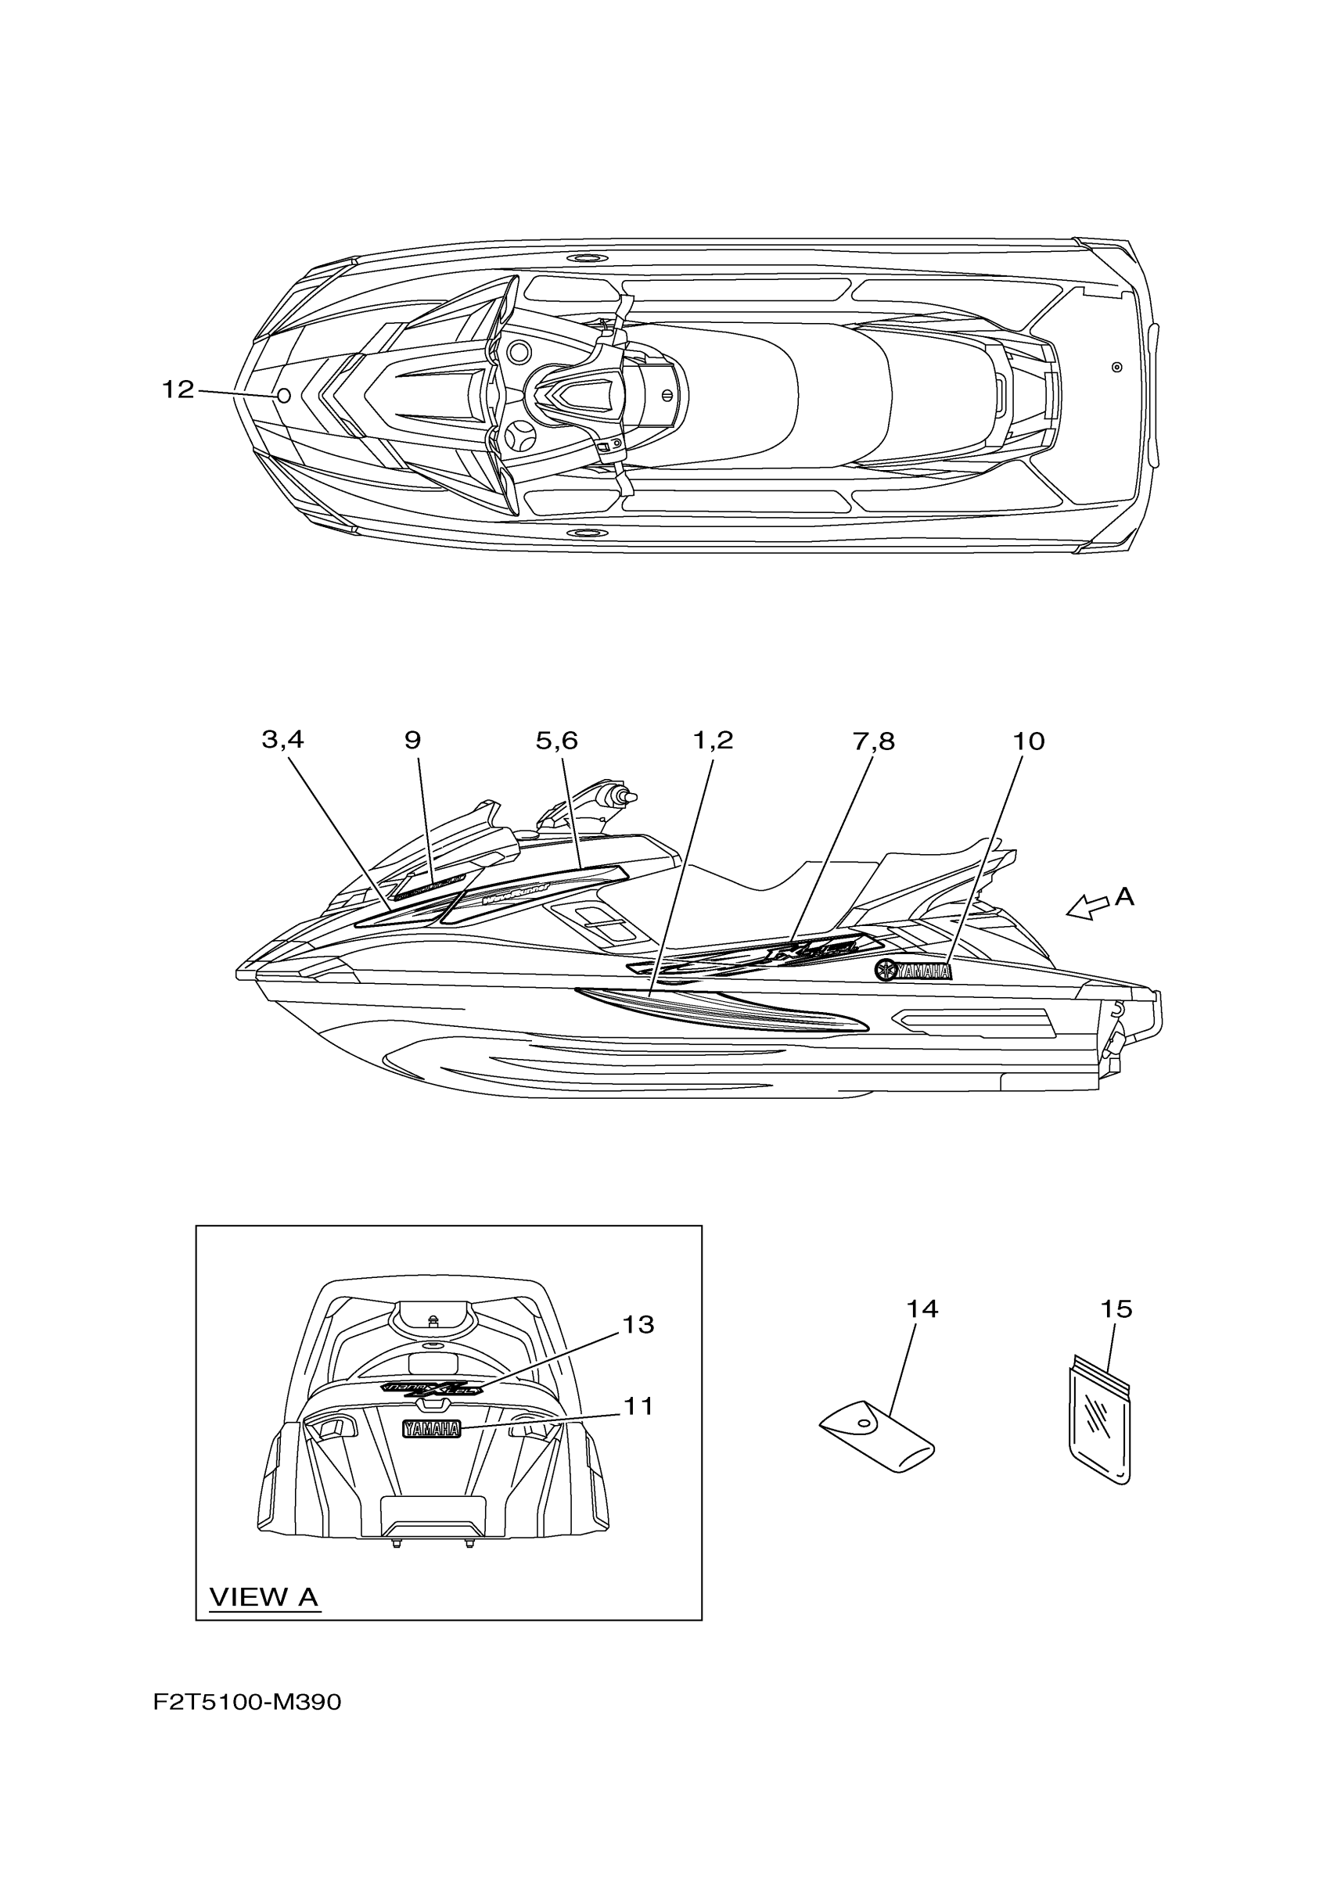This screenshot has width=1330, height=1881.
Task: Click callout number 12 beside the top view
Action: [x=178, y=390]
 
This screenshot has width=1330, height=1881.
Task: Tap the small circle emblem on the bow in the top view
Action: [x=283, y=397]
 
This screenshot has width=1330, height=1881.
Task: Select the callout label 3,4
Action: [x=282, y=740]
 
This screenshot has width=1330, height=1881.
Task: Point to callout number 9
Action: [x=412, y=741]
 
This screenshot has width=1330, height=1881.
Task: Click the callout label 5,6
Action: [x=556, y=741]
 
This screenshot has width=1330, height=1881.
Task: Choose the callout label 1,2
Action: [x=713, y=741]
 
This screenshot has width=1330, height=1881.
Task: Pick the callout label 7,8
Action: [x=874, y=741]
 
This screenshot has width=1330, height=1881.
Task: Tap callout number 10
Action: [x=1029, y=741]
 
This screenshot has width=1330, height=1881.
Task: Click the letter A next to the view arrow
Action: [x=1124, y=897]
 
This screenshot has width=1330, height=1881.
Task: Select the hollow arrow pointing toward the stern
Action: [x=1087, y=907]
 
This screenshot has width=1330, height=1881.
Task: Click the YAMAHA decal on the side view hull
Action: [x=914, y=971]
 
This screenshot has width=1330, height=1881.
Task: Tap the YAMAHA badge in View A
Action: [x=431, y=1430]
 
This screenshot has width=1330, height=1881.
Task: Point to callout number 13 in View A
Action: [x=638, y=1325]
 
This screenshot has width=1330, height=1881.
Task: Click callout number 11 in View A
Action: [x=638, y=1407]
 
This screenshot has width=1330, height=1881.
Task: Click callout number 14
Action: [x=922, y=1309]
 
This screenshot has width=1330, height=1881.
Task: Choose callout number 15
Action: [x=1116, y=1309]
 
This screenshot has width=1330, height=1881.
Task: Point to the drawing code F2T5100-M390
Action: [x=246, y=1703]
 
